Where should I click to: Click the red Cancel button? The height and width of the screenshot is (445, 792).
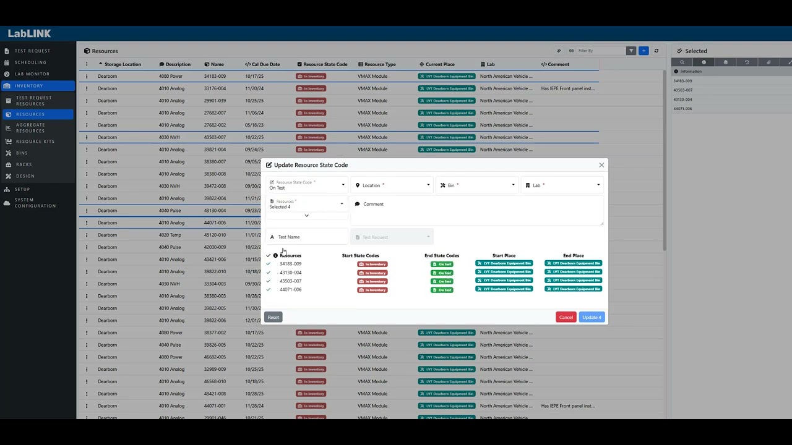point(566,317)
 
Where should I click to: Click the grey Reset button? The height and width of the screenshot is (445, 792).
point(273,317)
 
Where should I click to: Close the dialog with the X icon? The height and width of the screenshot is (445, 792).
point(601,165)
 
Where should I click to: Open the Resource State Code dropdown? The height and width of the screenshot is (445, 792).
point(306,185)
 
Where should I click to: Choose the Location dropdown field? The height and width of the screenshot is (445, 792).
point(392,185)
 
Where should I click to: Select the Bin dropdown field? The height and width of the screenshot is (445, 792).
point(476,185)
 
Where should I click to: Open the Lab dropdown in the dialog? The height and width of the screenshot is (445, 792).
point(562,185)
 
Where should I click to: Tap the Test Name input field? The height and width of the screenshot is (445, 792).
point(308,237)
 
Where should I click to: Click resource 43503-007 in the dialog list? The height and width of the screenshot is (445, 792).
point(290,281)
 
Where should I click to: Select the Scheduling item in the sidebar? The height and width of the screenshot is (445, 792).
point(30,62)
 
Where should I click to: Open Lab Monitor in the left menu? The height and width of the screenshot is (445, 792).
point(32,74)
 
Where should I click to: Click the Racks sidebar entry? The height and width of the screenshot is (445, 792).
point(24,164)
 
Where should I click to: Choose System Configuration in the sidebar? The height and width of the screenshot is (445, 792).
point(35,203)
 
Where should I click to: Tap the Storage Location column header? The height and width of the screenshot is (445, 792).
point(123,64)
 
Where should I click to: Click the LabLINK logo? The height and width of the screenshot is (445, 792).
point(29,33)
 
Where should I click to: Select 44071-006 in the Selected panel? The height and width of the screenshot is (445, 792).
point(682,109)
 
